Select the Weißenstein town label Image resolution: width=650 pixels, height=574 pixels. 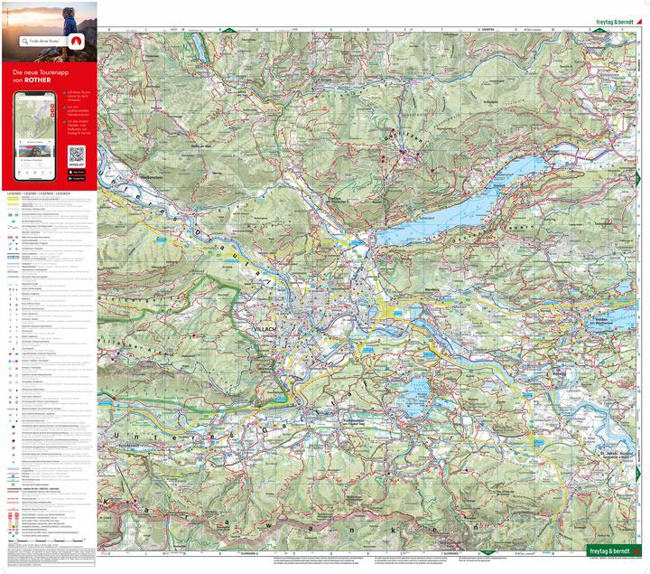(156, 178)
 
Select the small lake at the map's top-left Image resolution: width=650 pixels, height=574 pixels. (197, 42)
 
